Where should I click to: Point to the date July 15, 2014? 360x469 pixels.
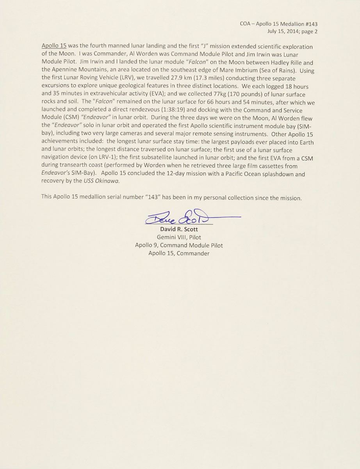[282, 32]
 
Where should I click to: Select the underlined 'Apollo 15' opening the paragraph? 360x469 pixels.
[54, 47]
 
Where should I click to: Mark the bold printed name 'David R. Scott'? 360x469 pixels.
[179, 229]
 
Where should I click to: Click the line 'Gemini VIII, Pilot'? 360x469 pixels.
[179, 237]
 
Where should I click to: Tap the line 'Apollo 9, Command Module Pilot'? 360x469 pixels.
[179, 245]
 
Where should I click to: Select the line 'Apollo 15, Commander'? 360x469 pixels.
[179, 253]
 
